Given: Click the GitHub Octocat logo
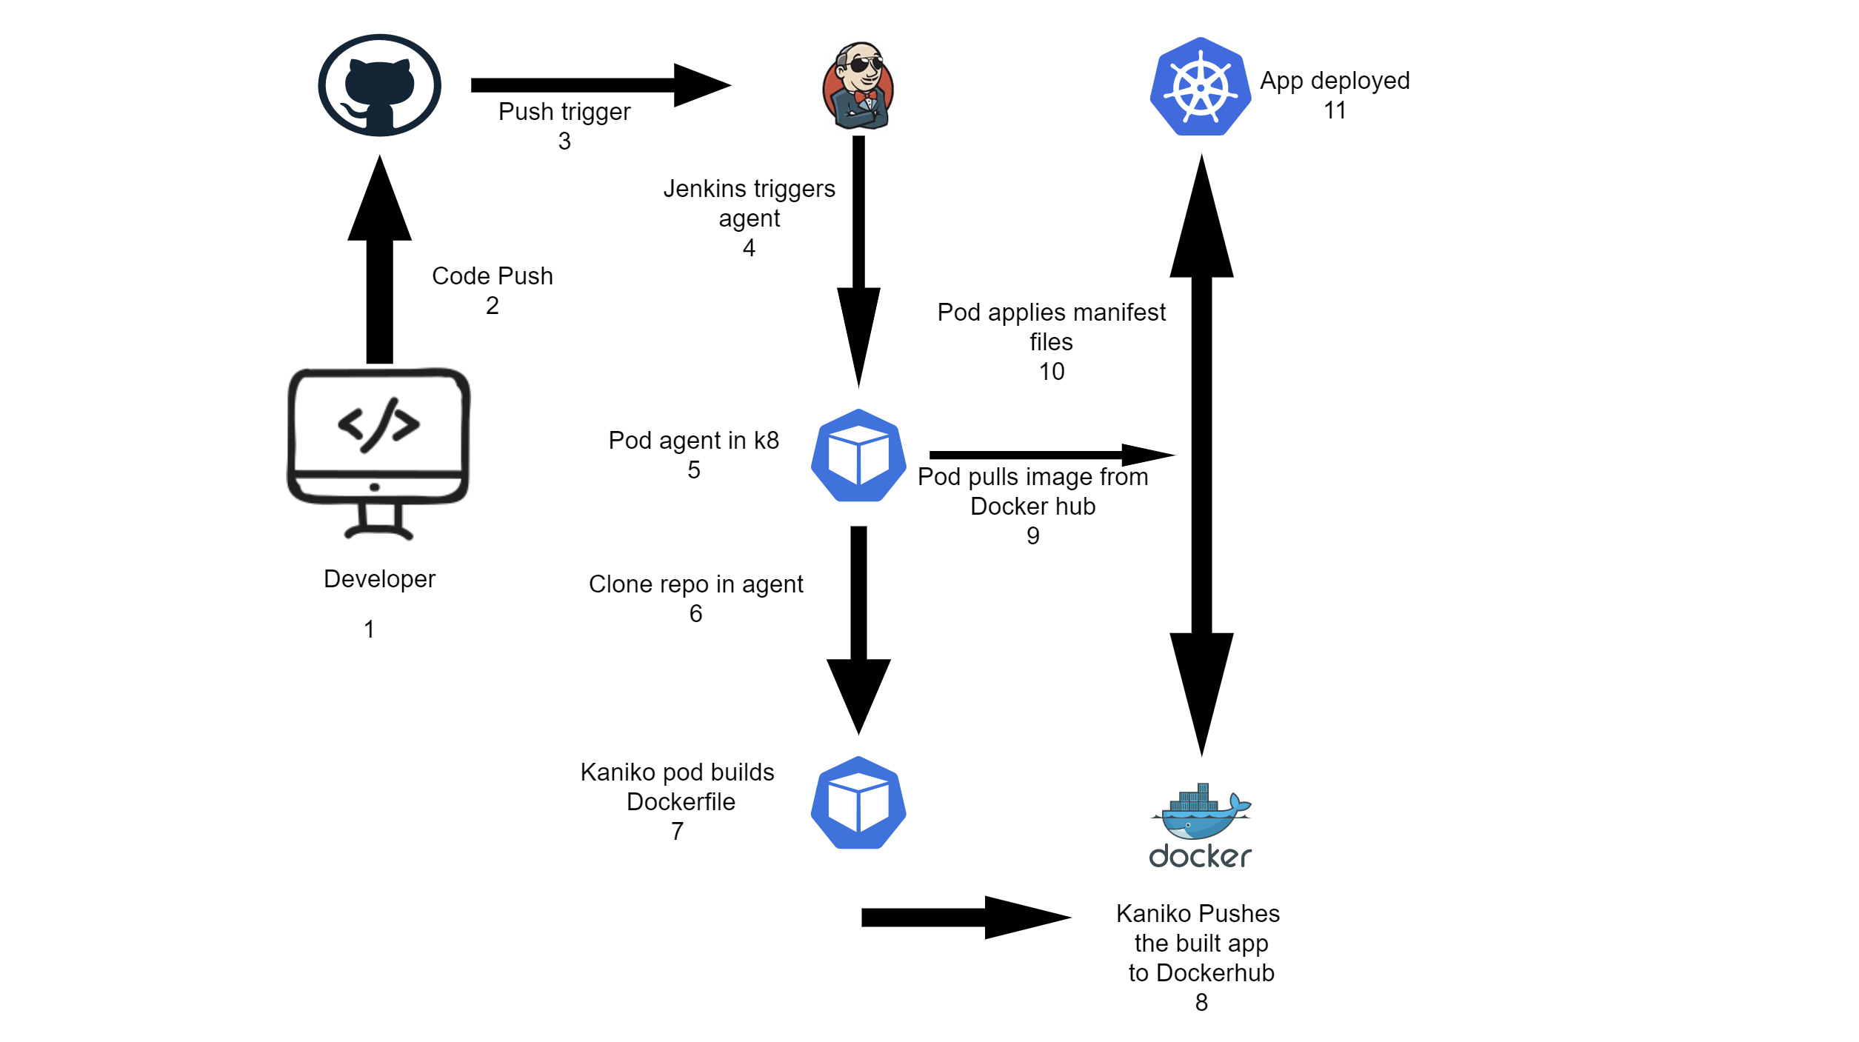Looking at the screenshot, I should [379, 85].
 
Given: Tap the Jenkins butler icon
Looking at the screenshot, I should [858, 85].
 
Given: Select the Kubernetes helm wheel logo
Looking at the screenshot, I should [1200, 87].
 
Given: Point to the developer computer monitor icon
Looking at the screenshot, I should [378, 452].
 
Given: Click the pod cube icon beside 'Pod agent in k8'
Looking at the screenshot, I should [858, 455].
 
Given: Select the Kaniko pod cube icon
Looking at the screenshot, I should [858, 803].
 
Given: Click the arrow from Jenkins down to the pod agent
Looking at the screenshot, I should [858, 259].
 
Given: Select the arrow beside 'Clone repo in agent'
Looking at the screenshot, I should [858, 629].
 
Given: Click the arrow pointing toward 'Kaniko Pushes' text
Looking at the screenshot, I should [963, 918].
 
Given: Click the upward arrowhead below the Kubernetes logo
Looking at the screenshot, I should [1201, 222].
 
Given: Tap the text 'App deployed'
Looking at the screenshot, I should [1335, 80].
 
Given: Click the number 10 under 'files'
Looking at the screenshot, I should [1051, 371].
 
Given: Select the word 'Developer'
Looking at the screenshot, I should [379, 578].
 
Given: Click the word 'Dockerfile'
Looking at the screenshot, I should [681, 801].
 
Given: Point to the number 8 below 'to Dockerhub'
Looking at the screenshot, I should [1201, 1002].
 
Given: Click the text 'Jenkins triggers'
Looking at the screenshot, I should [749, 188].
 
